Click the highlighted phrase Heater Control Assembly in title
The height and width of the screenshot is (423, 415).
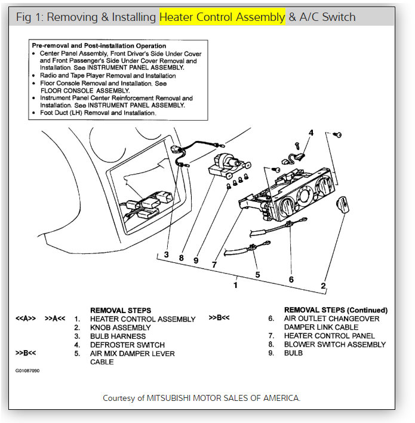tap(222, 17)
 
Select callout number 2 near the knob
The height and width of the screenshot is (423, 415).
tap(323, 286)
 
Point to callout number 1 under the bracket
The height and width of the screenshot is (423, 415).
tap(235, 286)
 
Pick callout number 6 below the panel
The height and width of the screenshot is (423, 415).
tap(291, 279)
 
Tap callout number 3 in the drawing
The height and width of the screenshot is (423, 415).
tap(167, 255)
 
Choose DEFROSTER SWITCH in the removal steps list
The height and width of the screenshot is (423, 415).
tap(127, 345)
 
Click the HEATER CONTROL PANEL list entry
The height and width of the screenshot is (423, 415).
tap(329, 336)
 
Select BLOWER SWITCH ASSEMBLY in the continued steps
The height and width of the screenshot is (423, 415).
tap(334, 344)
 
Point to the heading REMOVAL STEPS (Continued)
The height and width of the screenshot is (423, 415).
tap(336, 310)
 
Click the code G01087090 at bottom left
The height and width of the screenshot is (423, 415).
tap(27, 370)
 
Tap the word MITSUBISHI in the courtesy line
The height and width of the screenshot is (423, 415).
tap(175, 398)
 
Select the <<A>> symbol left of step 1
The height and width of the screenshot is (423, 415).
tap(26, 319)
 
